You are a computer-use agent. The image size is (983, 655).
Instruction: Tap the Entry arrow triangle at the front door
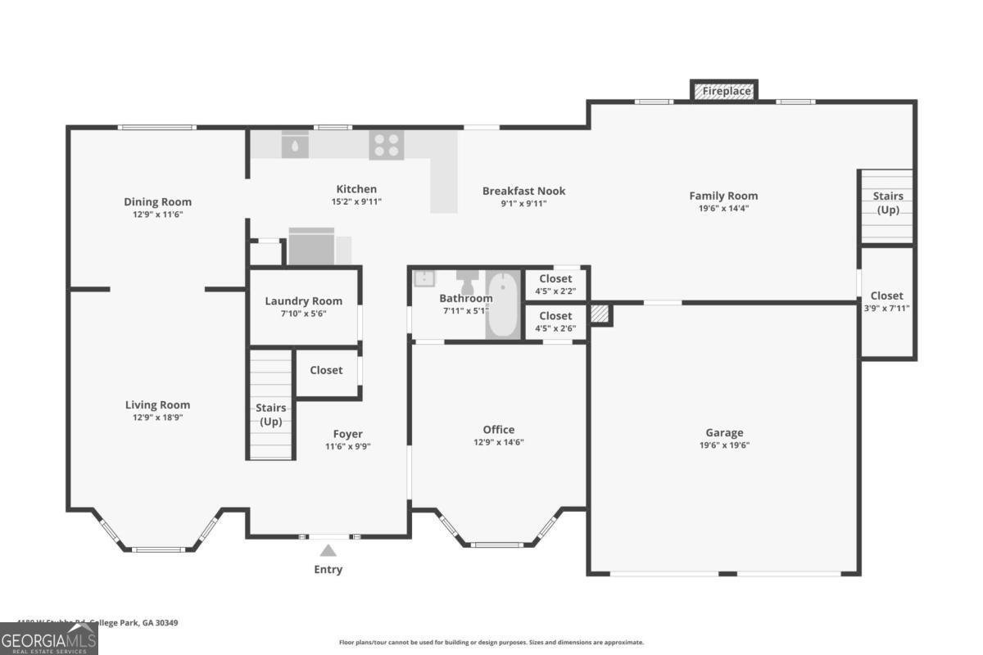click(x=328, y=551)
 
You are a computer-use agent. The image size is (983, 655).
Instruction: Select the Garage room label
click(x=724, y=432)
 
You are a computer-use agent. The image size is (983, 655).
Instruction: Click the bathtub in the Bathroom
click(x=501, y=305)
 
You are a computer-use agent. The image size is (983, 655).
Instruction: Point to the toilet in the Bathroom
click(x=468, y=280)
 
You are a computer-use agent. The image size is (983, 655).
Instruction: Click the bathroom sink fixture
click(x=424, y=278)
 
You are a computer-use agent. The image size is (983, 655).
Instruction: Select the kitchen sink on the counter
click(x=295, y=145)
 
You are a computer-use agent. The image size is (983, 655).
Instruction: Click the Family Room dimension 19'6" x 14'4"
click(x=723, y=208)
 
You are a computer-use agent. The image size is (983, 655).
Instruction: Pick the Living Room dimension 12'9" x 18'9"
click(x=157, y=418)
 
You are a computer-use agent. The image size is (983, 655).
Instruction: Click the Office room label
click(x=498, y=429)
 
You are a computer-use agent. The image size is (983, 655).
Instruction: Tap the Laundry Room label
click(x=303, y=300)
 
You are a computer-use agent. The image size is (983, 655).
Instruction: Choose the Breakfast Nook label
click(x=523, y=191)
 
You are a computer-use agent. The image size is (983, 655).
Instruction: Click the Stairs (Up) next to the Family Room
click(x=887, y=202)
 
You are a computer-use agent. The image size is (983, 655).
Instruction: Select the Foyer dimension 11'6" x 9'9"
click(x=347, y=446)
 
